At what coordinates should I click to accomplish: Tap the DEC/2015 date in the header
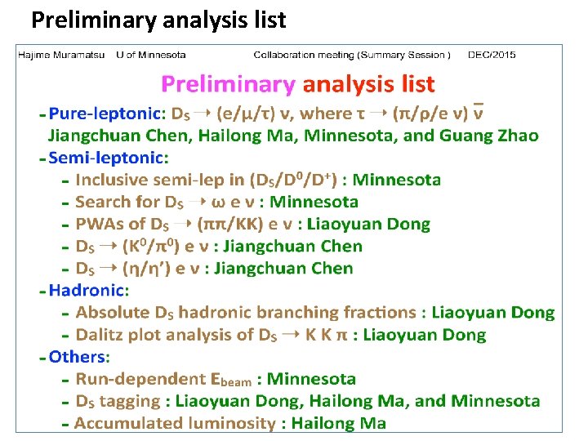(x=492, y=55)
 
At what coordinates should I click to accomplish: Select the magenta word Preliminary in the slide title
(x=228, y=83)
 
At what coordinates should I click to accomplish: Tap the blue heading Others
(x=78, y=356)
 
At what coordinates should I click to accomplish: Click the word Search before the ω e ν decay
(x=103, y=201)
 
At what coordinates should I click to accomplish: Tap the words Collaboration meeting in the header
(x=304, y=55)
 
